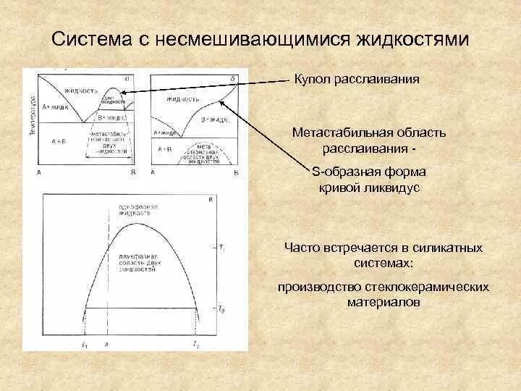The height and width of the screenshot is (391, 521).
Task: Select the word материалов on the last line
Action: tap(384, 303)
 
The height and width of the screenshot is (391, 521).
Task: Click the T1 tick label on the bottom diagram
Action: tap(221, 249)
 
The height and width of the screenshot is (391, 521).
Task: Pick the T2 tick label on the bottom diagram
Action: tap(221, 309)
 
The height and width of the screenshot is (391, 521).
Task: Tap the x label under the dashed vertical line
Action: tap(107, 345)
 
